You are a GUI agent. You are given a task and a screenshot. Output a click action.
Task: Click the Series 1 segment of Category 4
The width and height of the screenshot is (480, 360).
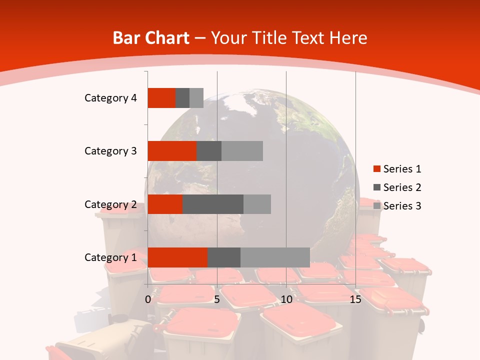coord(161,98)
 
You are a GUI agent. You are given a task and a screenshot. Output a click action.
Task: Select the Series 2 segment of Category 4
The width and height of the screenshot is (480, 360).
coord(182,98)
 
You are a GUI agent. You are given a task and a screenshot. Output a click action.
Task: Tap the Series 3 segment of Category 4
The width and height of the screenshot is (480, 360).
coord(196,98)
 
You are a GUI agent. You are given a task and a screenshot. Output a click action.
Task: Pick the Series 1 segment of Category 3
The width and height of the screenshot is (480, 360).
coord(172,151)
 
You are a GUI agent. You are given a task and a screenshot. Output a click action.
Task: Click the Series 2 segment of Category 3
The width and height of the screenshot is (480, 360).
coord(209,151)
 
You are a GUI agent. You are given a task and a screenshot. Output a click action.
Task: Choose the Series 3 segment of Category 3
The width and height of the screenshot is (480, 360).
coord(242,151)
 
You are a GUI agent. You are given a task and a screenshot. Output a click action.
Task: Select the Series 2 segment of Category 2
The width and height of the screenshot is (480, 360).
coord(213,204)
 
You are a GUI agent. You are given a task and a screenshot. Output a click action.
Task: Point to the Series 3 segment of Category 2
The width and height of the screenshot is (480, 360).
coord(257,204)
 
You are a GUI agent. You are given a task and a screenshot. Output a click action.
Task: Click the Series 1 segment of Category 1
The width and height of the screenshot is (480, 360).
coord(177,257)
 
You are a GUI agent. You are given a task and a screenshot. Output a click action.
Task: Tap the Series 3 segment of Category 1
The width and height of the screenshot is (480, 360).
coord(275,257)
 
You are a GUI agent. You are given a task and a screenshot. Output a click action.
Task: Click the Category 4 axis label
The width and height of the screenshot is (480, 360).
coord(110,98)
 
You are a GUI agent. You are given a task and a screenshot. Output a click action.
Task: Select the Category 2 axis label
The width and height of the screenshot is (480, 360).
coord(110,204)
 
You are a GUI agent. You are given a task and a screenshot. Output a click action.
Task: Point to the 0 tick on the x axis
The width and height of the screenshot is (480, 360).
coord(148,299)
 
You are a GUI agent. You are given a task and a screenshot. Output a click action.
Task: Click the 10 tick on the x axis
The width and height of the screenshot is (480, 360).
coord(286,299)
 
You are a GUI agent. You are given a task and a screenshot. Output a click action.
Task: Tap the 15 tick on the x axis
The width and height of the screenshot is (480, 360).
coord(355,299)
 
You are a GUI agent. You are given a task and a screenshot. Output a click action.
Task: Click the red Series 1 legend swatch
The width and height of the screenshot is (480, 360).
coord(377,169)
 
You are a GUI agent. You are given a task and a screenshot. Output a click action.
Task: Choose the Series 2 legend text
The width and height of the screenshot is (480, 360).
coord(402,187)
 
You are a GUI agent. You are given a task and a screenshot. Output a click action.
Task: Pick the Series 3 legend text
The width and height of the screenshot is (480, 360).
coord(402,206)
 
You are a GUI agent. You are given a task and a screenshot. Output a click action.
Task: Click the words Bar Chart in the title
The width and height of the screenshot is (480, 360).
coord(151,38)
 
